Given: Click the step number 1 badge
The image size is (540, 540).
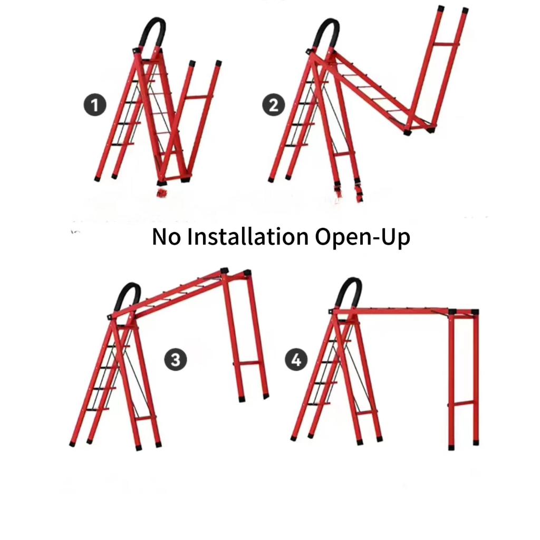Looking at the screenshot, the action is (x=95, y=105).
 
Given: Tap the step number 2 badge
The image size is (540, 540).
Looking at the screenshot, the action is (x=274, y=105).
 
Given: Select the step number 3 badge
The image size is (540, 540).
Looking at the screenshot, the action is (x=176, y=360).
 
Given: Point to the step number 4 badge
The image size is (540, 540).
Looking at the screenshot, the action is (x=296, y=360).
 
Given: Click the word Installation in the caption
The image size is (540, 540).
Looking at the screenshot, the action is (x=248, y=237).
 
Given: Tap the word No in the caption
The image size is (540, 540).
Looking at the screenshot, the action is (x=166, y=237).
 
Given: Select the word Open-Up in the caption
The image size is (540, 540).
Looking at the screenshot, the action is (x=363, y=238).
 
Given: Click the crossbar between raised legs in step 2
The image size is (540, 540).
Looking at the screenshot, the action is (x=446, y=44).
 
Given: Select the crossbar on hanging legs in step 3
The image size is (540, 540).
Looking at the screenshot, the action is (x=246, y=363).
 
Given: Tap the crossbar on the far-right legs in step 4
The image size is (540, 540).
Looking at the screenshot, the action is (x=464, y=403).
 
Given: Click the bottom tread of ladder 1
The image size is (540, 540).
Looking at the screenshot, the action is (x=122, y=144).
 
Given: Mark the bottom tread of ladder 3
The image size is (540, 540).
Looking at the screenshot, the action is (x=98, y=409).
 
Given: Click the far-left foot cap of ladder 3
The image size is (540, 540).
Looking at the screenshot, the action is (x=72, y=444).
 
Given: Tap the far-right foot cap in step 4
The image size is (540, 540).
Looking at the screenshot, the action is (x=476, y=442).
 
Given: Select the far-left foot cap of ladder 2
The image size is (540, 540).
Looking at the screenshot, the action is (x=271, y=179).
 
